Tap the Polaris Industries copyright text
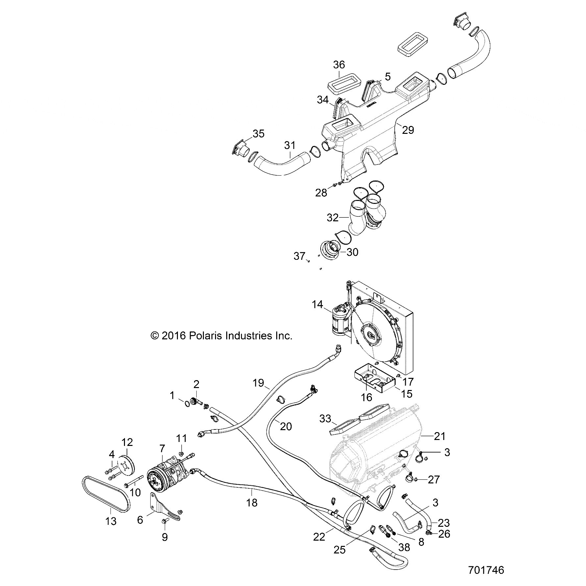(221, 336)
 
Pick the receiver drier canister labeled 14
(341, 320)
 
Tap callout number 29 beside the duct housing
(408, 130)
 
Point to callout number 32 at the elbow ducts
(333, 217)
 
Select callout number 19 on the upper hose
(258, 383)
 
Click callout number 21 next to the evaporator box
(440, 436)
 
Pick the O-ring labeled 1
(187, 403)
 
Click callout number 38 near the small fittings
(404, 547)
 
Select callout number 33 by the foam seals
(325, 419)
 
